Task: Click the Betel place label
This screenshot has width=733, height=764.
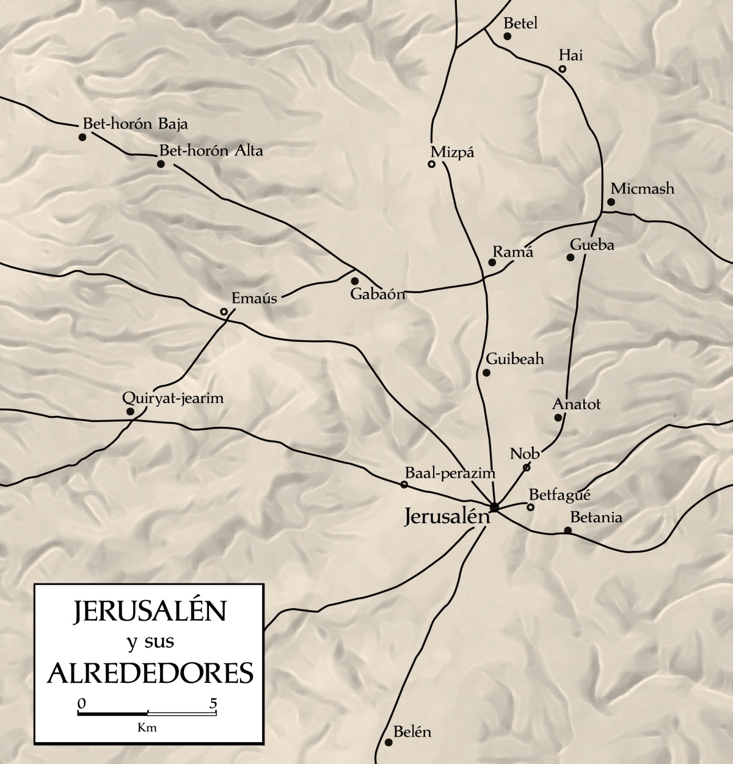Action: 520,24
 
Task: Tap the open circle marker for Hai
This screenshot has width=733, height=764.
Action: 562,69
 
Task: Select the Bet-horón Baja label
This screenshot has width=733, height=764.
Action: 136,124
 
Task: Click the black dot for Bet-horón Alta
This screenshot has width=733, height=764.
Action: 161,164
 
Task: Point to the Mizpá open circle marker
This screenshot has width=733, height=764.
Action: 431,164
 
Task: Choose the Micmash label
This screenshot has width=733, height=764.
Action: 642,189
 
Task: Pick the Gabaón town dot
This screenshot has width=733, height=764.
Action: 354,281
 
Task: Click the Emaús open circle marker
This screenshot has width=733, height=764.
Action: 224,312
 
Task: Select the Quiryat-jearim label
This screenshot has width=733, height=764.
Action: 173,398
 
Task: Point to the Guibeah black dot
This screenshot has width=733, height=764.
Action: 486,373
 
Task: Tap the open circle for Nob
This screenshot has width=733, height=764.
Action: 526,468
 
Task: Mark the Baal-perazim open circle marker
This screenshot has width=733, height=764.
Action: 404,484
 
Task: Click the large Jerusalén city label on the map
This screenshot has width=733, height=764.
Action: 447,517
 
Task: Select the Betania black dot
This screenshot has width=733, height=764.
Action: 567,530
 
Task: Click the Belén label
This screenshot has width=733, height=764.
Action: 412,732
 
